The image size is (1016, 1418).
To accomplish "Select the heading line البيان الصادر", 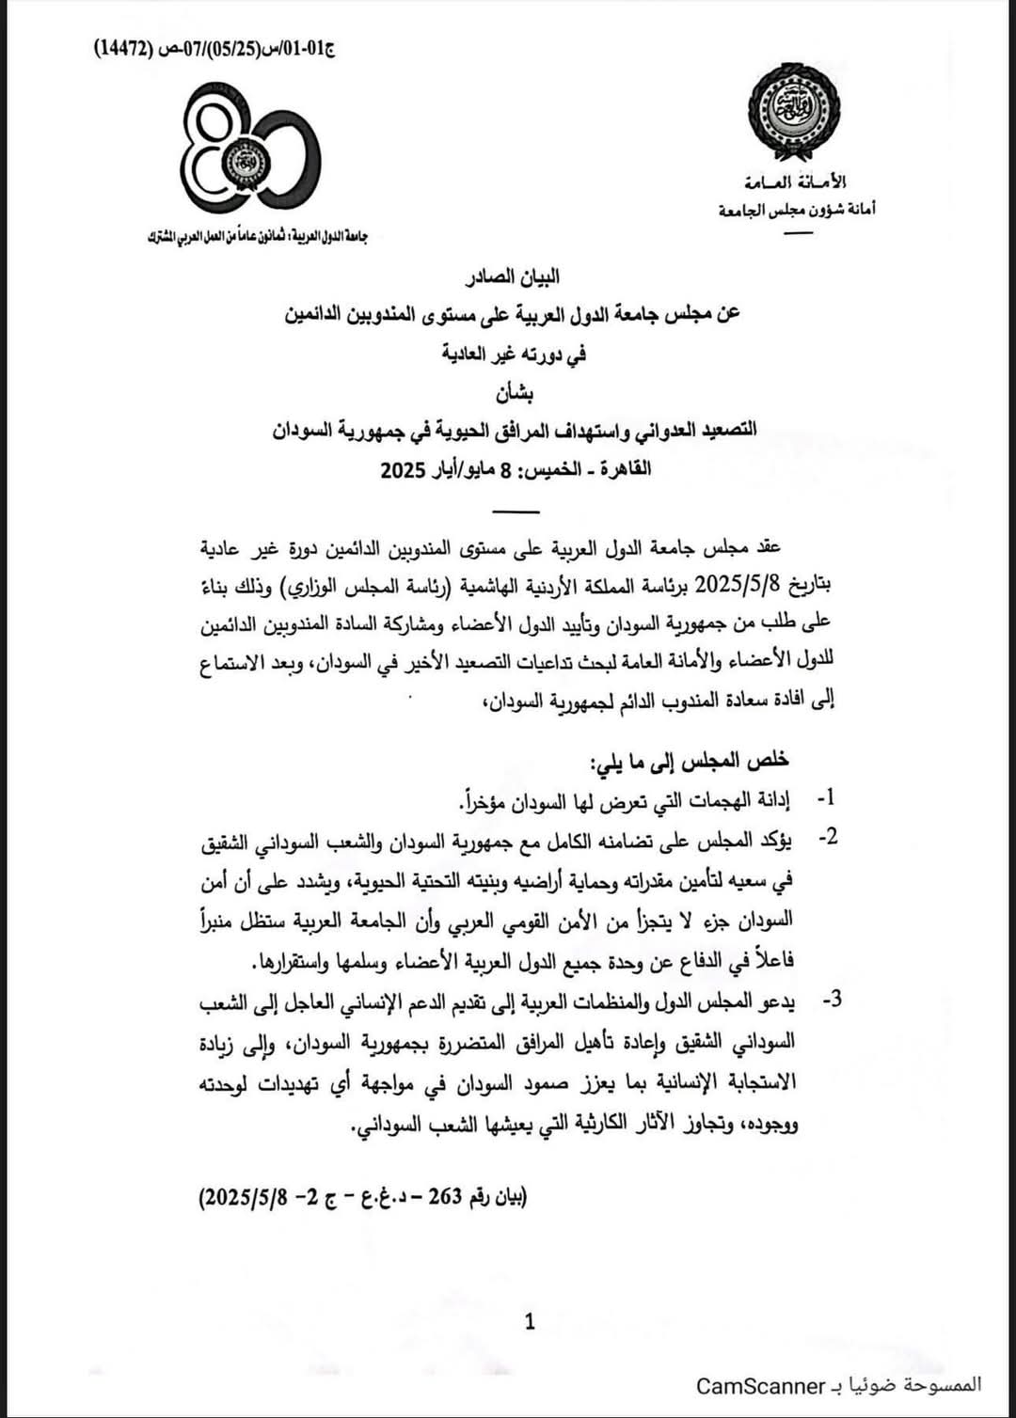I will (515, 276).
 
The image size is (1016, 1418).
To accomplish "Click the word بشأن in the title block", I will (516, 393).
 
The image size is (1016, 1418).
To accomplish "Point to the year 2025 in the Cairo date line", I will (404, 469).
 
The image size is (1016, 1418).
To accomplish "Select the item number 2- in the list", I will (827, 836).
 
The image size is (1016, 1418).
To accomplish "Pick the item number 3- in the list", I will (831, 1000).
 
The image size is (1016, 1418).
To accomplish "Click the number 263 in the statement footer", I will (445, 1197).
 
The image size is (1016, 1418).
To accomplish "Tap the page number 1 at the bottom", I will (530, 1322).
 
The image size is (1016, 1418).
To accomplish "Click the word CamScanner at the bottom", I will (759, 1386).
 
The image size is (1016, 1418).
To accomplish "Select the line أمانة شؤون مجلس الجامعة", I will (797, 209).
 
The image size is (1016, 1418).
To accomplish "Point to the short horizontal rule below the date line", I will (516, 512).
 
